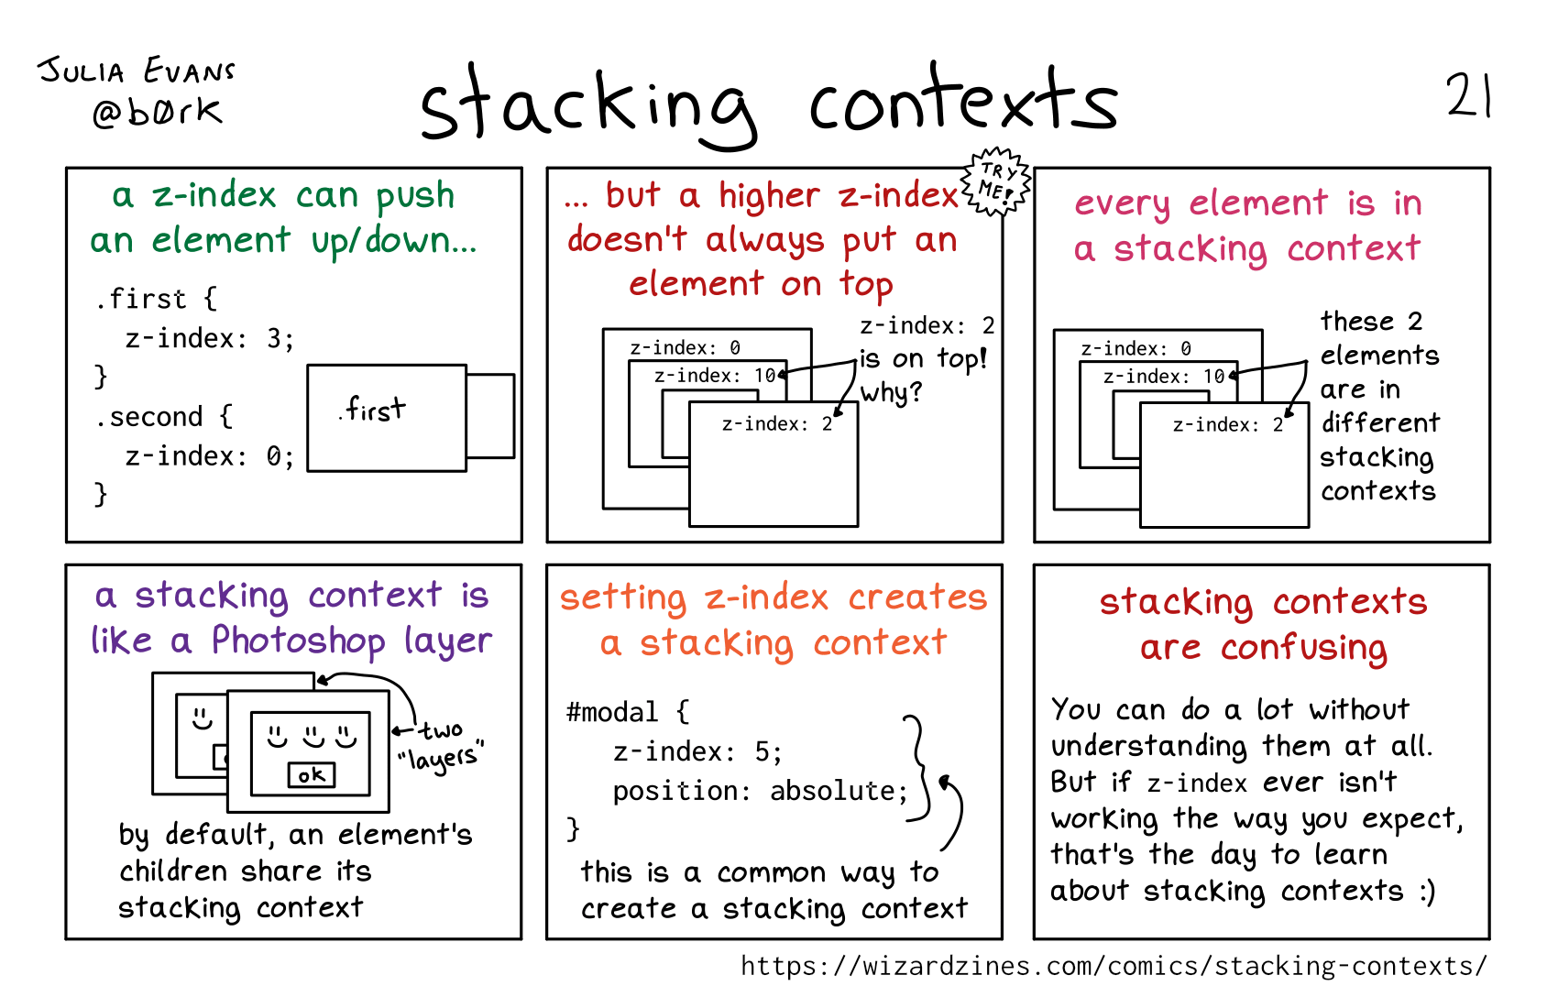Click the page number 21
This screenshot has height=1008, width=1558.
pyautogui.click(x=1468, y=95)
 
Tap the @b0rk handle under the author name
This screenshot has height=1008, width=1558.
pyautogui.click(x=157, y=112)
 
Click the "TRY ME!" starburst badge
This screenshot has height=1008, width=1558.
pyautogui.click(x=996, y=181)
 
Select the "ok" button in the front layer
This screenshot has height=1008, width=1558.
pyautogui.click(x=312, y=775)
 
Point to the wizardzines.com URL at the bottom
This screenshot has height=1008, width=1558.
pyautogui.click(x=1114, y=966)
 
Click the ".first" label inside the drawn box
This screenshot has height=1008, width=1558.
pyautogui.click(x=372, y=410)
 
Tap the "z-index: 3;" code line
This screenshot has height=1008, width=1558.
pyautogui.click(x=210, y=339)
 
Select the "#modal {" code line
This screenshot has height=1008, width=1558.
pyautogui.click(x=628, y=712)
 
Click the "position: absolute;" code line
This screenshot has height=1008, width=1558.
pyautogui.click(x=760, y=791)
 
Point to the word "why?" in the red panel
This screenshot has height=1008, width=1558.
pyautogui.click(x=891, y=393)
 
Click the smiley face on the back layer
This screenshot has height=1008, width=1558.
pyautogui.click(x=202, y=717)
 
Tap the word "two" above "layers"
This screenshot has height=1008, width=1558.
pyautogui.click(x=442, y=730)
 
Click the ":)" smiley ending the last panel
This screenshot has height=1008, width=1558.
pyautogui.click(x=1426, y=892)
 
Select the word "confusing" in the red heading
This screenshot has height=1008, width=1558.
pyautogui.click(x=1303, y=648)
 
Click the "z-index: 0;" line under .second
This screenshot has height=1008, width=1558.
pyautogui.click(x=210, y=456)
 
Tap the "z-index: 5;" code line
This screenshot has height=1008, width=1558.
pyautogui.click(x=697, y=752)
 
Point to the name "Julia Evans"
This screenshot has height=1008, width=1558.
pyautogui.click(x=137, y=71)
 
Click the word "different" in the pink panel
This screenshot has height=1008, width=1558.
pyautogui.click(x=1380, y=422)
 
